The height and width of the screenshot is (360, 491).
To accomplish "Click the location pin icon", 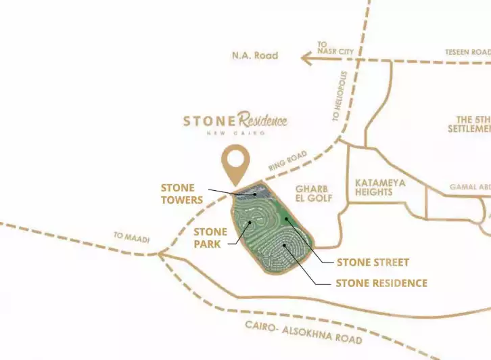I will point(237,161).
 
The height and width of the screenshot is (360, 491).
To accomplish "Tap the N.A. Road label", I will point(254,55).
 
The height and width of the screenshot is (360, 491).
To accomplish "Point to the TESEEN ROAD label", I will point(467,52).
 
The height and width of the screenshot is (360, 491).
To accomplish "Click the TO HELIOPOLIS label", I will point(341,97).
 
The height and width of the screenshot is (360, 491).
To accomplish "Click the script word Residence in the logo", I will point(262,120).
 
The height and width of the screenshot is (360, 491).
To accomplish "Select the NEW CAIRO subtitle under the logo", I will point(235,133).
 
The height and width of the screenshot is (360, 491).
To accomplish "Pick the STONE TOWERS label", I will point(181,194).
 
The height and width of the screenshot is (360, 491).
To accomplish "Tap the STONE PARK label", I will point(210,238).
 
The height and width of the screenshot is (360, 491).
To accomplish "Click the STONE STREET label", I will point(373,262).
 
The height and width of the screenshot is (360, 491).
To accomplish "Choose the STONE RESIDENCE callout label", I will point(381,283).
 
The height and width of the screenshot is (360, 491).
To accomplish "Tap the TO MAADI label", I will point(131,236).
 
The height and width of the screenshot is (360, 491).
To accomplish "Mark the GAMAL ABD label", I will point(470,187).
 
